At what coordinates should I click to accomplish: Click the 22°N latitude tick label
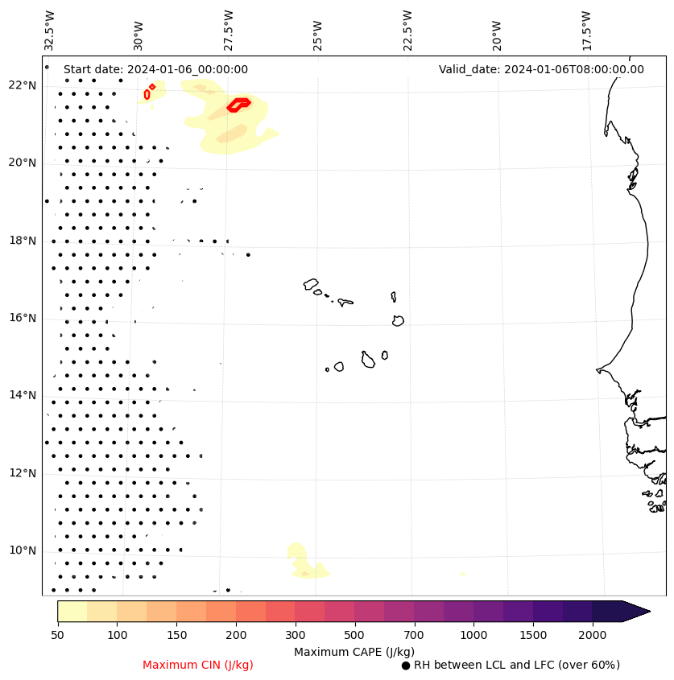point(22,85)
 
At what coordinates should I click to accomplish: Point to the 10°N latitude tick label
point(22,550)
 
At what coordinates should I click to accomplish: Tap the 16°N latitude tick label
point(22,318)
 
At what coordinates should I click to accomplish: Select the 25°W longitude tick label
point(317,31)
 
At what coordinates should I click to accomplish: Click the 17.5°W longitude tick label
point(585,31)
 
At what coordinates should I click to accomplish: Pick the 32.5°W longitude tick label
point(50,31)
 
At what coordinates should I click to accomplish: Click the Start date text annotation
point(155,69)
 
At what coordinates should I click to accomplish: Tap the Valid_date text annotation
point(541,69)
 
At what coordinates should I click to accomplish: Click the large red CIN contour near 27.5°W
point(238,104)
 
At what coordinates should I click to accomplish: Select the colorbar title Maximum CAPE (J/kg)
point(354,651)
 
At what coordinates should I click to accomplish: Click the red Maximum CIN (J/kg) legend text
point(197,665)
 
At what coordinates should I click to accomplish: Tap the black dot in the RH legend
point(406,666)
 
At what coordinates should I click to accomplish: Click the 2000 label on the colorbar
point(593,636)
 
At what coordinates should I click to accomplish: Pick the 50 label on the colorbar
point(57,636)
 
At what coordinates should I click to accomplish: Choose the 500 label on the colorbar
point(355,636)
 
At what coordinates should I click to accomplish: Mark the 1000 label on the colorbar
point(473,636)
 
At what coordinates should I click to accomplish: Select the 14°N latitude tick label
point(22,395)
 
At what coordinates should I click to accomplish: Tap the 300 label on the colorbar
point(296,636)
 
